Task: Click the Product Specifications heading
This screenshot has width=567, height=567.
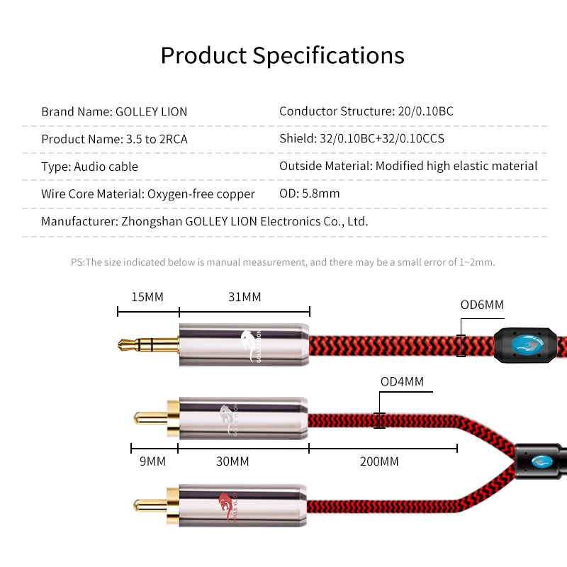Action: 282,56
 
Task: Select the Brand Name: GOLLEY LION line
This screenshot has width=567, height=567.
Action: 114,111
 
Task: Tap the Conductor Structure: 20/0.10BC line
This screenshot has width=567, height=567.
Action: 366,111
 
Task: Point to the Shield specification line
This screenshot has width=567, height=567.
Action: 361,138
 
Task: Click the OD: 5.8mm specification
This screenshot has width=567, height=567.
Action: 309,193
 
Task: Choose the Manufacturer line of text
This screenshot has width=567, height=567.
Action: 205,221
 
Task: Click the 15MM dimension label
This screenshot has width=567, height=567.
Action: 147,297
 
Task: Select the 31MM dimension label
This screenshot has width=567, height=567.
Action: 245,297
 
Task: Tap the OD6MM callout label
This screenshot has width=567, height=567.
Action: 482,305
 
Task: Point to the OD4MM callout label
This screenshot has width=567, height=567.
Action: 402,381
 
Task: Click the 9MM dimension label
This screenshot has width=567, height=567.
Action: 152,461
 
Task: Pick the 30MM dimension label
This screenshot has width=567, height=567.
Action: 232,461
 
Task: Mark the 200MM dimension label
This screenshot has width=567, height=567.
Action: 379,461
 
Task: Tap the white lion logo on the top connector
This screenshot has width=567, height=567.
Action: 248,345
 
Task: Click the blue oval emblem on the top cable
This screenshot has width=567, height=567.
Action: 527,344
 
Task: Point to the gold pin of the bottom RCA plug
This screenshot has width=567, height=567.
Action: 150,505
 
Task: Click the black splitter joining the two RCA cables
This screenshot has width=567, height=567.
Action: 539,461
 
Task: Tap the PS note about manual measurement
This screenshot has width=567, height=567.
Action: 283,262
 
